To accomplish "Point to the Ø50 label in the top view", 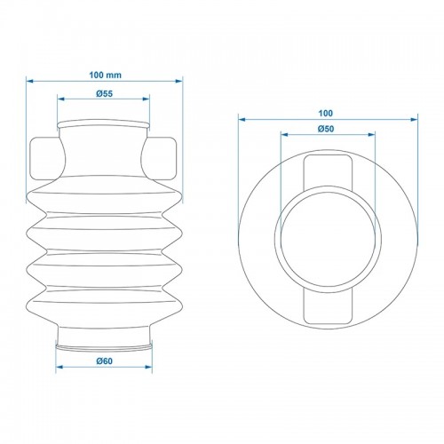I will point(328,131).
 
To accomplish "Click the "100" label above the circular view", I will point(328,113).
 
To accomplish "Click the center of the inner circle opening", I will point(328,238).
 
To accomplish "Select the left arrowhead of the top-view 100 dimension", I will point(241,118).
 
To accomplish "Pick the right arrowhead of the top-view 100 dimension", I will point(415,118).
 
